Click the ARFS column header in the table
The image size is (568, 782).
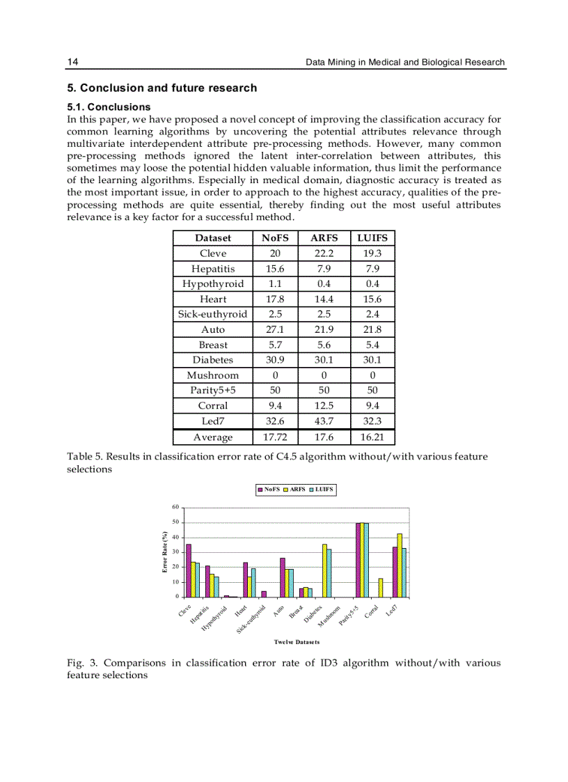coord(324,238)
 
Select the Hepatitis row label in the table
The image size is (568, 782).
coord(213,269)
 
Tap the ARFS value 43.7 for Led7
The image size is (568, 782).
coord(324,421)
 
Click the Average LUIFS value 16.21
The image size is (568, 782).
coord(372,437)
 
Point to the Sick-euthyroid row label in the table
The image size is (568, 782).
coord(213,314)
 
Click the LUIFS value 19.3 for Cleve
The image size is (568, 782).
coord(372,253)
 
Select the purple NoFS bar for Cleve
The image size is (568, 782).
coord(189,570)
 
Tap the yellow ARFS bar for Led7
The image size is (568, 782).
coord(400,565)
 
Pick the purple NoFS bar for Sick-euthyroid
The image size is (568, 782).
coord(264,594)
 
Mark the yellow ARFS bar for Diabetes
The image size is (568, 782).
coord(324,570)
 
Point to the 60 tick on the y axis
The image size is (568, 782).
coord(176,507)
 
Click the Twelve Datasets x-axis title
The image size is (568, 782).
coord(297,641)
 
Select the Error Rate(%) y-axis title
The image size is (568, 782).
coord(165,552)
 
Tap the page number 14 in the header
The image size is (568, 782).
coord(72,62)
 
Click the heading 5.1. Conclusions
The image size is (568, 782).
coord(109,107)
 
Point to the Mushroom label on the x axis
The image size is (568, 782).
coord(330,615)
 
